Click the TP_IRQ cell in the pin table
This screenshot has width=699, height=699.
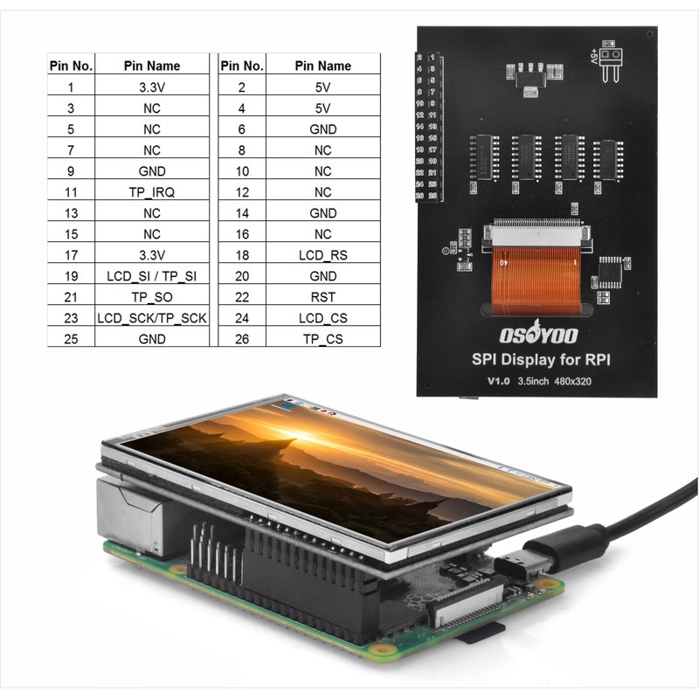(152, 192)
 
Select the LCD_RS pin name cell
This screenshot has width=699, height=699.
(322, 255)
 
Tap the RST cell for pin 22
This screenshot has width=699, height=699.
(322, 297)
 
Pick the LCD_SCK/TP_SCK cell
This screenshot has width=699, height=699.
(152, 318)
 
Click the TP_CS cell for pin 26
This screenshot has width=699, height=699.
(322, 339)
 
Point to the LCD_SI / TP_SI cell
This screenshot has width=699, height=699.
(152, 276)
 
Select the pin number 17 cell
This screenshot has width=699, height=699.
(70, 255)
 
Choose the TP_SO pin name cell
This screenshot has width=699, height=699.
(152, 297)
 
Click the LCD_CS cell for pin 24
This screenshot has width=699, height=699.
(322, 318)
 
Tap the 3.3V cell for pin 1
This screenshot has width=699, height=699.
(152, 87)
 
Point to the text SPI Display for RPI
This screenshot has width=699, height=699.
(537, 359)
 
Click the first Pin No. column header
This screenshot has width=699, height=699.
(70, 66)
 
